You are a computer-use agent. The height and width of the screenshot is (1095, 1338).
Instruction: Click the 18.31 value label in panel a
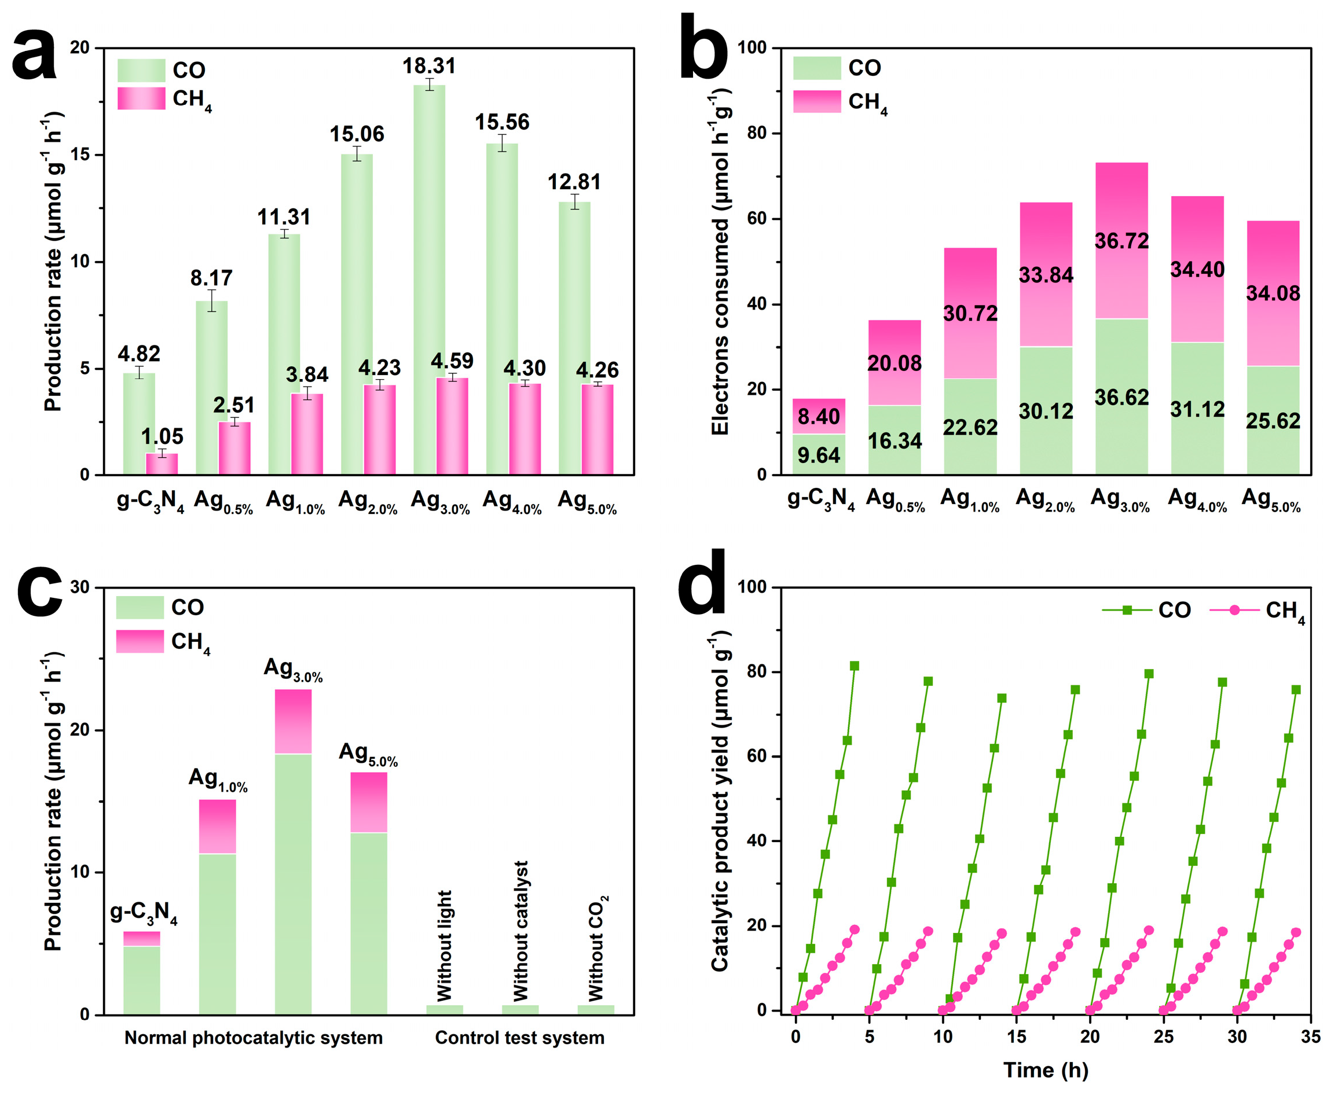[x=428, y=65]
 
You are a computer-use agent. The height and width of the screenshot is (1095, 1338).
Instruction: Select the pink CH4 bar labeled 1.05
[x=162, y=464]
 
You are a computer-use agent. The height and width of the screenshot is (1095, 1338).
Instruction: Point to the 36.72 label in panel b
[x=1121, y=241]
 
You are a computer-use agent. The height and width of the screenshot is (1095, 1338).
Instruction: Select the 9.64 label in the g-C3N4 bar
[x=818, y=455]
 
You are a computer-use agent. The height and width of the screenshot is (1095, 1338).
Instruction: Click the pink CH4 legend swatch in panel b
[x=816, y=101]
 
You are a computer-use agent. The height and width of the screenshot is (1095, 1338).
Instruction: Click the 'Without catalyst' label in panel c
[x=520, y=931]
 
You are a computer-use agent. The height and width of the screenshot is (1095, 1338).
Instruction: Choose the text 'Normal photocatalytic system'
[x=253, y=1038]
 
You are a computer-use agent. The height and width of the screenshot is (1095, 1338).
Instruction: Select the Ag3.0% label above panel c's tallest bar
[x=293, y=669]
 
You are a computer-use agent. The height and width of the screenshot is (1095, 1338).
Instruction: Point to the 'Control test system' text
[x=519, y=1038]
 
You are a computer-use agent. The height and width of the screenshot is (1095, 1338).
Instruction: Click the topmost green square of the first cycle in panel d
[x=854, y=666]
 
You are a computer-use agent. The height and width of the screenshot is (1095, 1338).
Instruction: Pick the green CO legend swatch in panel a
[x=141, y=71]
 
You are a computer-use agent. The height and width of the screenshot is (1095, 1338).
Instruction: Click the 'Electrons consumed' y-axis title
[x=720, y=262]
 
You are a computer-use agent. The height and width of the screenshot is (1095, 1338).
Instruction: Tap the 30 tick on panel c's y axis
[x=79, y=587]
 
